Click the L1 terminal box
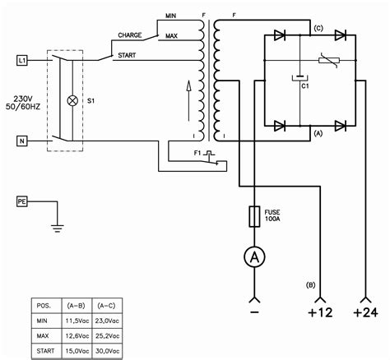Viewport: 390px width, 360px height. coord(22,61)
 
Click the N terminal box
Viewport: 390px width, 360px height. coord(22,140)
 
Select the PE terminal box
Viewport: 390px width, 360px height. coord(22,201)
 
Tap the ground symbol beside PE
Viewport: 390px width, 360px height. coord(57,222)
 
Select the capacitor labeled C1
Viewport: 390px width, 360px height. coord(297,80)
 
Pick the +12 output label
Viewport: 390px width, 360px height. coord(320,312)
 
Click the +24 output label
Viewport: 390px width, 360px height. coord(364,312)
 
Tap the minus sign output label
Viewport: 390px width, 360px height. coord(256,312)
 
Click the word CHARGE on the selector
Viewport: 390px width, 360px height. coord(129,36)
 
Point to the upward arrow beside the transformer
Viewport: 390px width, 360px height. coord(188,90)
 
